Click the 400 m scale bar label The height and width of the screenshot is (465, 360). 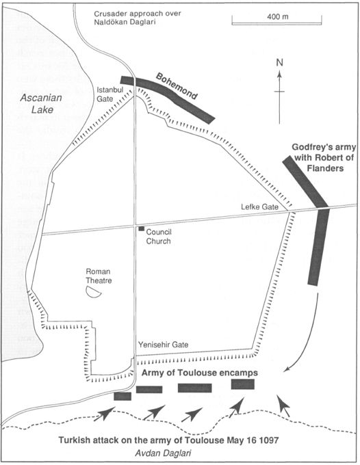click(277, 16)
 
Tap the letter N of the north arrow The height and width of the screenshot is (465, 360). click(279, 63)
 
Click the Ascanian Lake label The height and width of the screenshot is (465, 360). click(42, 103)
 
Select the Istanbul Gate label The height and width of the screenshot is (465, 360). click(110, 94)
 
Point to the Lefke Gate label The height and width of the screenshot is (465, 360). click(259, 207)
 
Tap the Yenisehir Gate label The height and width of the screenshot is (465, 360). click(163, 345)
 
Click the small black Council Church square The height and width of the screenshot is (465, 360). click(141, 228)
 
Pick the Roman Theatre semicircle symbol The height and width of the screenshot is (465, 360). click(93, 292)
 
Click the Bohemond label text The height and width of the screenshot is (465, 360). click(177, 86)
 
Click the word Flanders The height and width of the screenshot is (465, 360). click(325, 168)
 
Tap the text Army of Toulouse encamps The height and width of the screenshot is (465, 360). click(199, 373)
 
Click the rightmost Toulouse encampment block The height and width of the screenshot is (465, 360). click(243, 384)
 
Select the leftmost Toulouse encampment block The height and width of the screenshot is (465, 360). click(123, 396)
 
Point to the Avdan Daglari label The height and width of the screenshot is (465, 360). click(163, 453)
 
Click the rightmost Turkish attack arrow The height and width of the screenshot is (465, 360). click(284, 406)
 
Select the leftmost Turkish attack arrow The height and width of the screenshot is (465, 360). click(105, 414)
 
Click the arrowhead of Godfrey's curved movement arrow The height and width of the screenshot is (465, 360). click(286, 369)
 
